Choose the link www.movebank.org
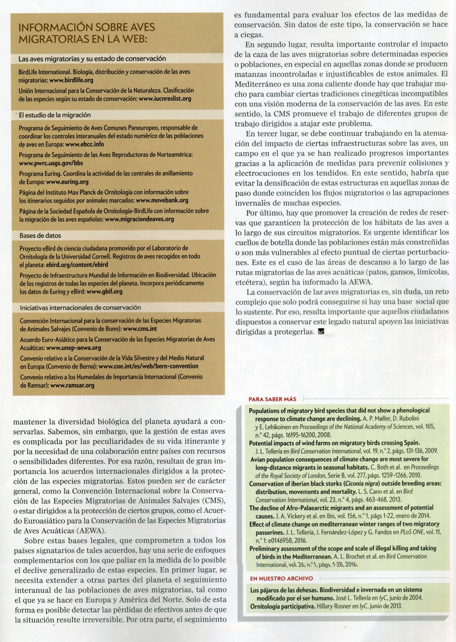(x=162, y=200)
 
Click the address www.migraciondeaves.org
(x=139, y=219)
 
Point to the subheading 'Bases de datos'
(x=40, y=236)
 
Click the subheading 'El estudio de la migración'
(x=55, y=115)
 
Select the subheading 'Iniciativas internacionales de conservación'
(x=80, y=307)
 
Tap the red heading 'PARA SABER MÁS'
(x=273, y=399)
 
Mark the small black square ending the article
(x=321, y=332)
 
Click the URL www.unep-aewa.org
(x=73, y=348)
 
